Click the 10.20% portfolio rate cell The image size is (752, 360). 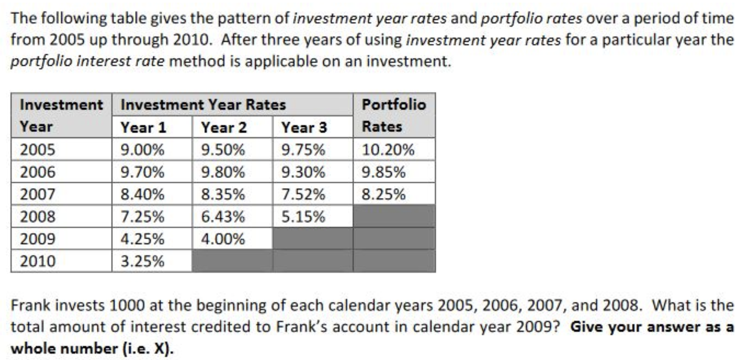[388, 150]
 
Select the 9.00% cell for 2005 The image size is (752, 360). [142, 150]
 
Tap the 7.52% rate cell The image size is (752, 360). [303, 194]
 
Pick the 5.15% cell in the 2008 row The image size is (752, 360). [303, 216]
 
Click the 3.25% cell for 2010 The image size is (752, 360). [142, 261]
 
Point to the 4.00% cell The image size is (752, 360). [223, 239]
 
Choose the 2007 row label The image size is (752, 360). [38, 194]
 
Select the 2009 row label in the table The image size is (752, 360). [38, 239]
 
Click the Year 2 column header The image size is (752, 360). [224, 127]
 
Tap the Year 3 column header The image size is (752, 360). [304, 127]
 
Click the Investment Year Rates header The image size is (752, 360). [203, 105]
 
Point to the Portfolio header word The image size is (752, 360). [394, 105]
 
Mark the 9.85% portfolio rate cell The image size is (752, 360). [383, 172]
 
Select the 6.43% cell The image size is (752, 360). [223, 216]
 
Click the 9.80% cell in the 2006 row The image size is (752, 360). [223, 172]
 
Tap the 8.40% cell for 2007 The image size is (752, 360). [142, 194]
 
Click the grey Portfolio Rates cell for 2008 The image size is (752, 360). [394, 216]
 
